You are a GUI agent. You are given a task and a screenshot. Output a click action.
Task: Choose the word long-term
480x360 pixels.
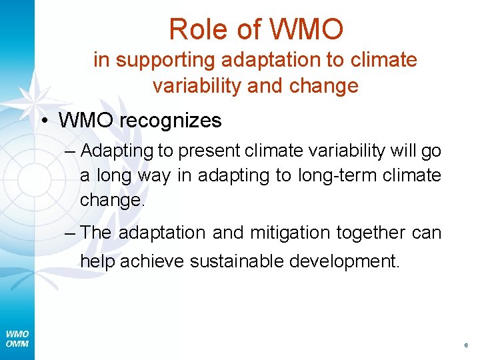[x=345, y=176]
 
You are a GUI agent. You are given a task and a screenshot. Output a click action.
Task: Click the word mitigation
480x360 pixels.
[x=290, y=233]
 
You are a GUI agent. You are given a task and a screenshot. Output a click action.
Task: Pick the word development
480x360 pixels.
[x=345, y=261]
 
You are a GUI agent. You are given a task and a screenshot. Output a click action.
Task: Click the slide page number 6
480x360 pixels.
[x=465, y=346]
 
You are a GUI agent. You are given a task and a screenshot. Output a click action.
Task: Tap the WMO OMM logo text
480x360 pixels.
[x=17, y=339]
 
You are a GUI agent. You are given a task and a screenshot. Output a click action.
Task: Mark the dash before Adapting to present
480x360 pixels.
[x=71, y=151]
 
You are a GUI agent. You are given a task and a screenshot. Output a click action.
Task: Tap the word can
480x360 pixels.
[x=427, y=233]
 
